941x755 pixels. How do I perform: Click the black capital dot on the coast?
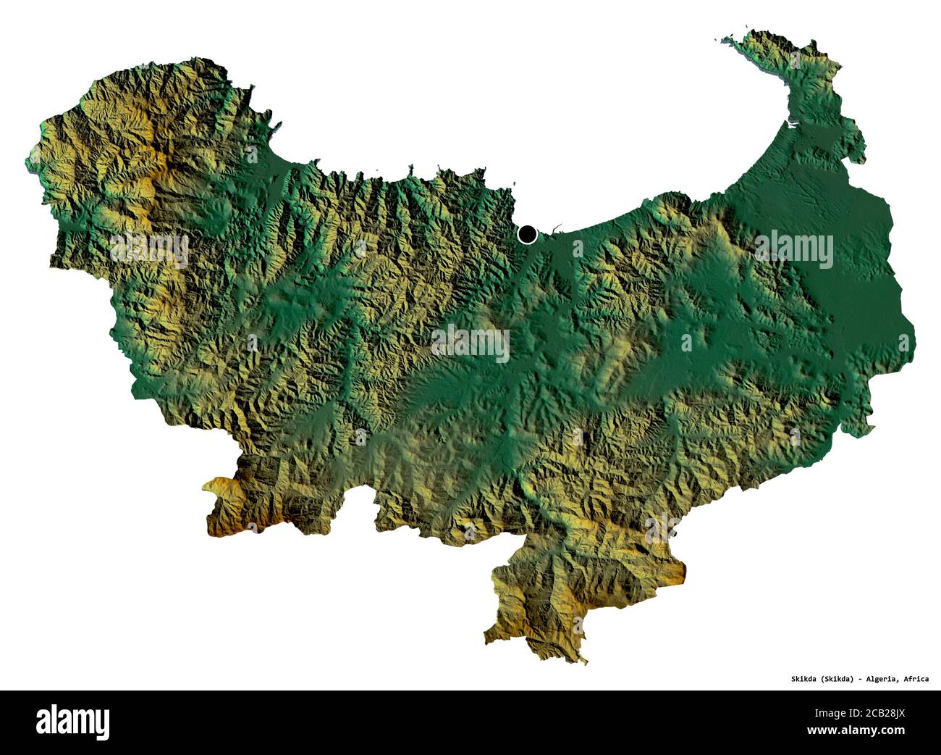(x=528, y=233)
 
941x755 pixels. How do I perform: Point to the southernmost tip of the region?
(x=583, y=661)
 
